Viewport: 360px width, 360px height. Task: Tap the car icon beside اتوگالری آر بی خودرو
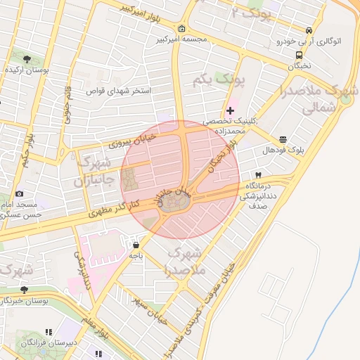tap(309, 31)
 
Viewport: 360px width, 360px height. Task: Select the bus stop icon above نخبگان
tap(300, 54)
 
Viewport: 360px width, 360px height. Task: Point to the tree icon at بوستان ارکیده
tap(27, 59)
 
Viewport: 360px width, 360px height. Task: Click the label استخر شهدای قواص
tap(114, 91)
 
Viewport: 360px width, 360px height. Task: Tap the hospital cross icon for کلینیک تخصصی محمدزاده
tap(230, 110)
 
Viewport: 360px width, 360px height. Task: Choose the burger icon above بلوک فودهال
tap(283, 139)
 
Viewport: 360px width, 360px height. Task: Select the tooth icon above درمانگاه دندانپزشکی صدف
tap(258, 174)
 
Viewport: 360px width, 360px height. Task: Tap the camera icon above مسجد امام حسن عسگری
tap(19, 193)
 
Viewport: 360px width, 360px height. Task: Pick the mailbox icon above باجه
tap(135, 245)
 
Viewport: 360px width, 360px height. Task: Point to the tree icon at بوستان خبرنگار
tap(24, 290)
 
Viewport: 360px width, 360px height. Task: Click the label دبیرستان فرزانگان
tap(44, 342)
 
